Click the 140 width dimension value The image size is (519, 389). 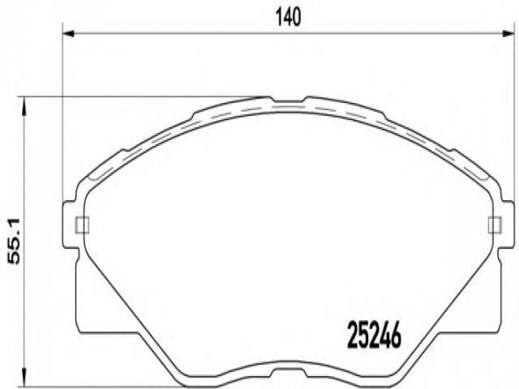tap(289, 17)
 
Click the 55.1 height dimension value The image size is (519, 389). tap(14, 242)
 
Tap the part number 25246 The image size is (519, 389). tap(374, 335)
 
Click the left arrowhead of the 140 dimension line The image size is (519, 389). tap(68, 33)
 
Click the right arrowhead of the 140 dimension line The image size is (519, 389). tap(508, 33)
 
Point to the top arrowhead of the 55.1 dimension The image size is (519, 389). tap(24, 106)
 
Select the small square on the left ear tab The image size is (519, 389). tap(83, 224)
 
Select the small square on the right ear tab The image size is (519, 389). tap(495, 224)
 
